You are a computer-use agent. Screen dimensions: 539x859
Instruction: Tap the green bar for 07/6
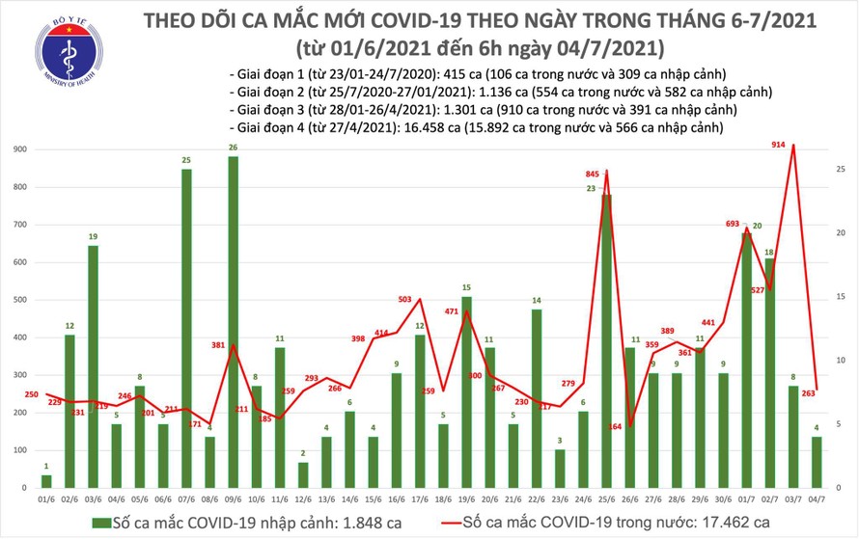click(x=184, y=329)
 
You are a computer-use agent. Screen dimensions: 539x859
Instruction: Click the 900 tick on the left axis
click(x=19, y=149)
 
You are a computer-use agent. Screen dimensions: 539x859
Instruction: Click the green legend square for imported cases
click(x=101, y=522)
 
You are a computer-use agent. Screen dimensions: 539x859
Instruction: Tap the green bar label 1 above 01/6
click(x=45, y=467)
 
